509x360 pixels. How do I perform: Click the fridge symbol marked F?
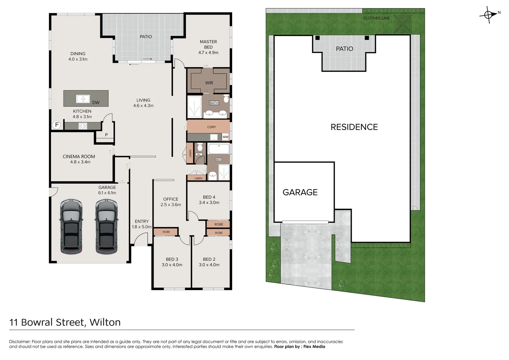(57, 125)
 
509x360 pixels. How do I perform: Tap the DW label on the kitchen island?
(96, 103)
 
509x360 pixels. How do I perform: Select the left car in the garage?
(71, 227)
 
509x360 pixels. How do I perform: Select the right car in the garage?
(106, 227)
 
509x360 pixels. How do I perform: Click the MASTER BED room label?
(208, 47)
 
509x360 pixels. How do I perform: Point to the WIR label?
(209, 83)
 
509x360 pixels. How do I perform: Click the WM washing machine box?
(225, 137)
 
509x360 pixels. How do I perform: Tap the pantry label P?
(106, 135)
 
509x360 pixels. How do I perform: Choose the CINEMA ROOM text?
(79, 157)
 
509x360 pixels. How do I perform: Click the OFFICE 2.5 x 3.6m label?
(171, 202)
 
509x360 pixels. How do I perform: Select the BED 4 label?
(209, 197)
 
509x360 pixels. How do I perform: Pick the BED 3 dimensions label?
(172, 265)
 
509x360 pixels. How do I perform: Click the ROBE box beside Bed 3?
(166, 232)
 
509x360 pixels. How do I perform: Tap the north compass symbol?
(488, 15)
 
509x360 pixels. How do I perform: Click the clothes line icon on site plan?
(402, 24)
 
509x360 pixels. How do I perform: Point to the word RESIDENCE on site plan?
(354, 127)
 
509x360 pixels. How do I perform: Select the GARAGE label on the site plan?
(300, 192)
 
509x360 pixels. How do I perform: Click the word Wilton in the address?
(105, 322)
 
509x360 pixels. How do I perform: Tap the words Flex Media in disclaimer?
(314, 347)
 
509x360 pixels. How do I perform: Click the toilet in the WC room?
(200, 147)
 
